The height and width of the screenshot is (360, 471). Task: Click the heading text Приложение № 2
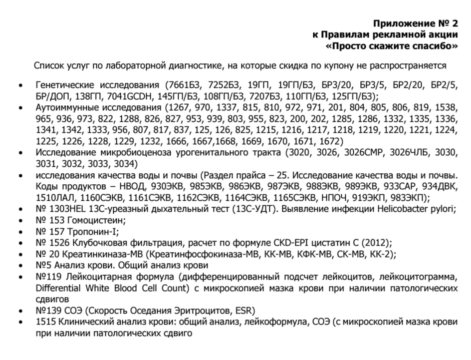[x=416, y=23]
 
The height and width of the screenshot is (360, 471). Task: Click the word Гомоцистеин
[x=98, y=221]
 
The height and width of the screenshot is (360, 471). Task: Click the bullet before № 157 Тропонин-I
[x=19, y=233]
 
